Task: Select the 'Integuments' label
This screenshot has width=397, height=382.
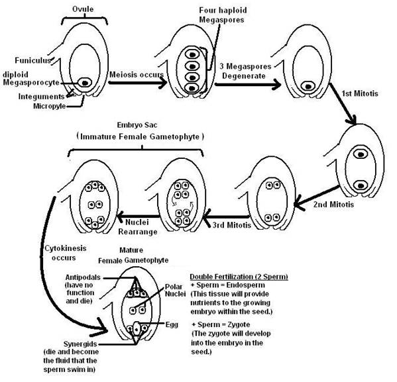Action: [36, 97]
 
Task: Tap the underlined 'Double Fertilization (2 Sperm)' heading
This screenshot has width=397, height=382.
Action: [239, 276]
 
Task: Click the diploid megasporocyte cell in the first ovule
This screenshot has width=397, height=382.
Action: [85, 83]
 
